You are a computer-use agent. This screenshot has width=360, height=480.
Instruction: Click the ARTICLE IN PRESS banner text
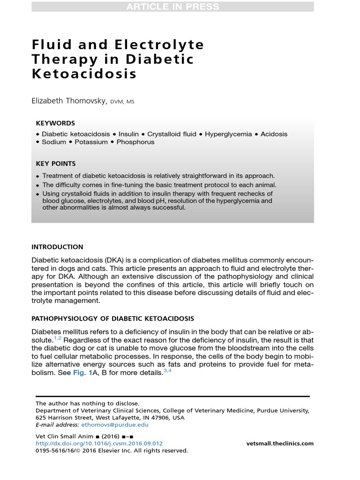172,7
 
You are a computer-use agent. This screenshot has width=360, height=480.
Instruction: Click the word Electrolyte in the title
159,45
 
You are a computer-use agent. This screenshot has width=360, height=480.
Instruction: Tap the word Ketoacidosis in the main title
84,75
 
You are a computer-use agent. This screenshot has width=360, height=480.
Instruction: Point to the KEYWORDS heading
55,123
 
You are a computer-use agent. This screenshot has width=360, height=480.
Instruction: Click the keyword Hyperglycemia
228,134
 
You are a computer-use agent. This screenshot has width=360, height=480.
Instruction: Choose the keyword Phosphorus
135,142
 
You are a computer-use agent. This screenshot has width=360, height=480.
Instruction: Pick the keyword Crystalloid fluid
172,134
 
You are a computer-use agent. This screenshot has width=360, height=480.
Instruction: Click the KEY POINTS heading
56,164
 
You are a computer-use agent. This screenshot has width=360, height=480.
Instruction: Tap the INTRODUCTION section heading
57,247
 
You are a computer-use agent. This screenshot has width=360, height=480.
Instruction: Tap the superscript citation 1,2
56,337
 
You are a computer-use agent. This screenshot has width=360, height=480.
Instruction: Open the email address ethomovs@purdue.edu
115,425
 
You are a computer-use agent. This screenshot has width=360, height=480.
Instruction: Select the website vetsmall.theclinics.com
280,443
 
